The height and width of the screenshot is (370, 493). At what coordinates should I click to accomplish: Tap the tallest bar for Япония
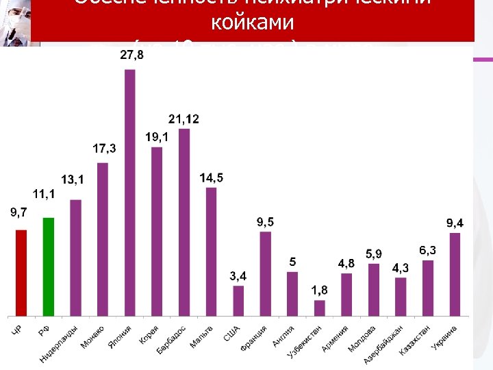pyautogui.click(x=130, y=193)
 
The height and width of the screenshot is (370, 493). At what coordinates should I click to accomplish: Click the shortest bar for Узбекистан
pyautogui.click(x=319, y=308)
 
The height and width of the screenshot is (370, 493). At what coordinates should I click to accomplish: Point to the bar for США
pyautogui.click(x=238, y=301)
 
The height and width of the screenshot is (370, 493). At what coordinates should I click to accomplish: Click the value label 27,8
pyautogui.click(x=132, y=55)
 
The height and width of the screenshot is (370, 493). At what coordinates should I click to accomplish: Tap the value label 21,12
pyautogui.click(x=184, y=119)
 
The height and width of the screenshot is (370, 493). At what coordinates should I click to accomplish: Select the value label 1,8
pyautogui.click(x=319, y=291)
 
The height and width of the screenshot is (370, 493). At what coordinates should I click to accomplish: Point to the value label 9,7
pyautogui.click(x=19, y=213)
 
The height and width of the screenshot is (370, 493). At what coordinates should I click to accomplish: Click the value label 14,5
pyautogui.click(x=212, y=178)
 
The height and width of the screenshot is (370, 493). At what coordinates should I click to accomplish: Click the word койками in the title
pyautogui.click(x=253, y=23)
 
